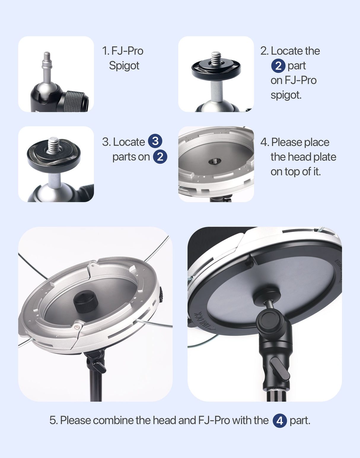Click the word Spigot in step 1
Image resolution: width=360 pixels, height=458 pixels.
click(124, 66)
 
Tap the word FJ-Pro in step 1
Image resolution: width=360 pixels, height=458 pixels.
click(127, 51)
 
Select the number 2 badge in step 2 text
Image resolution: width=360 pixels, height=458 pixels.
click(278, 66)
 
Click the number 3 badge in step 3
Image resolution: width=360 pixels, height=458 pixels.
click(155, 141)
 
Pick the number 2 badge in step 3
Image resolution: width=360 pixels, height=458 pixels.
click(160, 157)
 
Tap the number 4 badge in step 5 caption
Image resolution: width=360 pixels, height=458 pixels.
click(279, 421)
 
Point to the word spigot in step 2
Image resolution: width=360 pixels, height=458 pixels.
click(286, 95)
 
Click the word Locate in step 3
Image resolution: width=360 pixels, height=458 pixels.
click(129, 142)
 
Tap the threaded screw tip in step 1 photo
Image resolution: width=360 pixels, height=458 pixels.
click(47, 56)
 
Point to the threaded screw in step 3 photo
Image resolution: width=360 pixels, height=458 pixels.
click(54, 144)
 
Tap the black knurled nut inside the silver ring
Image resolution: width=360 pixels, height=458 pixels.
click(86, 301)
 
